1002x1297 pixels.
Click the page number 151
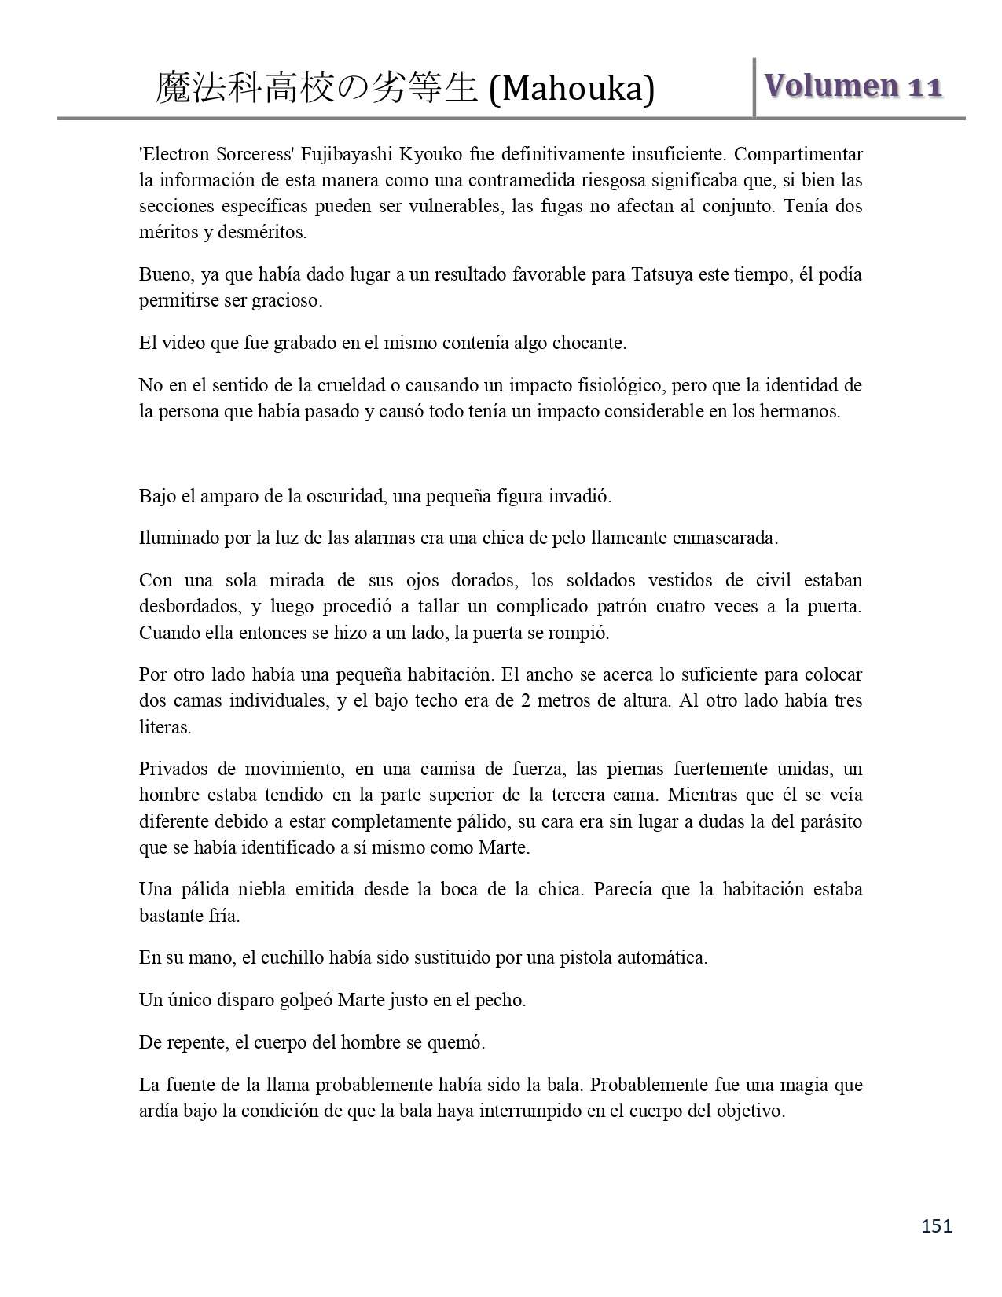tap(937, 1225)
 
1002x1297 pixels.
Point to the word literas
tap(164, 727)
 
